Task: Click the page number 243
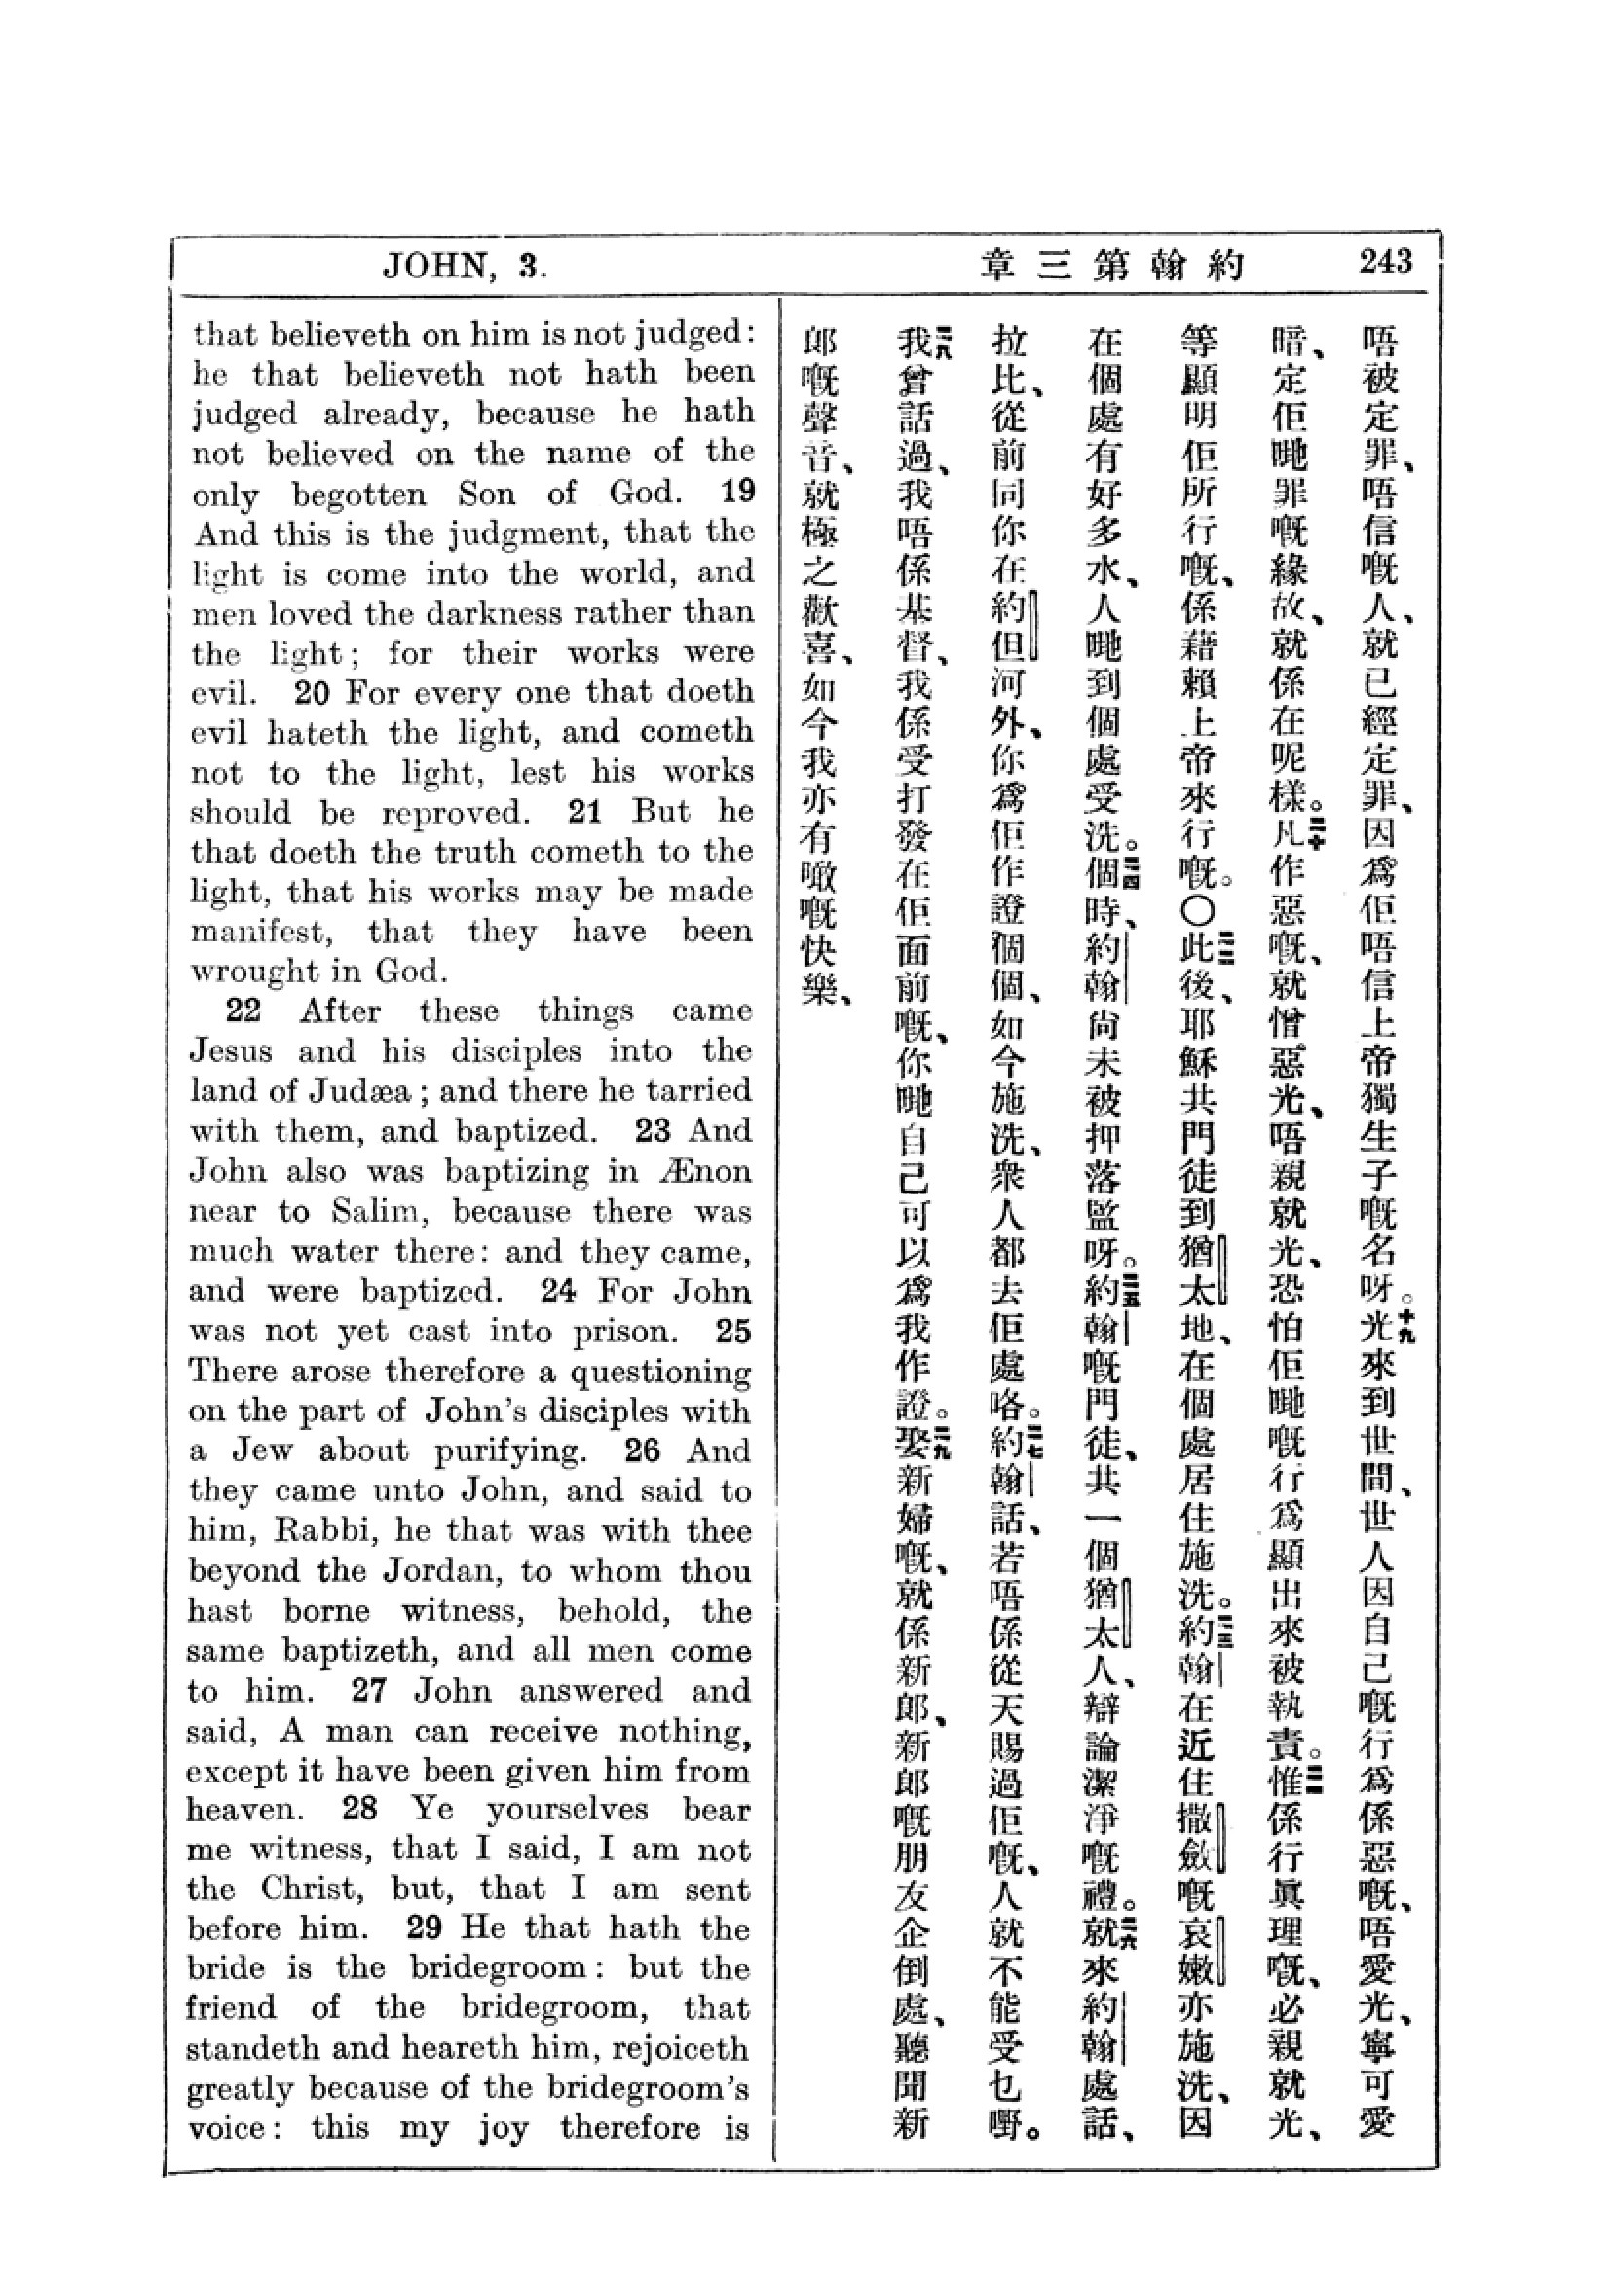pos(1386,262)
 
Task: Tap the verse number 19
pos(737,491)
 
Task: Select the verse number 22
pos(243,1010)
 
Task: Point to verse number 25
pos(733,1331)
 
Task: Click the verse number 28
pos(359,1809)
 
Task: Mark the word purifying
pos(508,1451)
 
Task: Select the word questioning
pos(658,1373)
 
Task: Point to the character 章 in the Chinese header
pos(997,266)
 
